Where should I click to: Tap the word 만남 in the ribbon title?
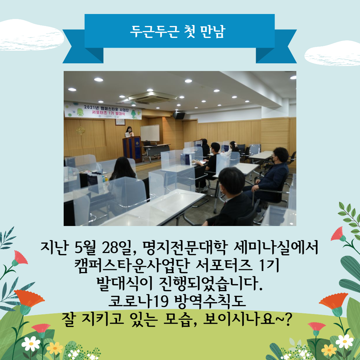(213, 31)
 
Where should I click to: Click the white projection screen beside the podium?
(150, 133)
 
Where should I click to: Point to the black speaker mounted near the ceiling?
(179, 115)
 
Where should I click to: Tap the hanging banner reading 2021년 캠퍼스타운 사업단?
(103, 111)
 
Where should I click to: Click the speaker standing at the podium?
(129, 132)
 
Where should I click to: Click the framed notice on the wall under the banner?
(120, 122)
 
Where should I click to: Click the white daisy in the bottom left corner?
(31, 344)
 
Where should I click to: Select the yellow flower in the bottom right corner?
(329, 350)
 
